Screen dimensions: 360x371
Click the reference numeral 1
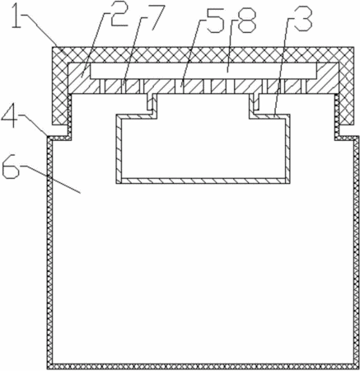[17, 16]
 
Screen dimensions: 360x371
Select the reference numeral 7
[156, 17]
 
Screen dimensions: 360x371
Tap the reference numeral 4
[11, 117]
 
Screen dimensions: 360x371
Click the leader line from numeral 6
[51, 179]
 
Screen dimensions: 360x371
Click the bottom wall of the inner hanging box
[203, 181]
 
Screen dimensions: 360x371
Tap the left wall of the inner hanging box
[119, 148]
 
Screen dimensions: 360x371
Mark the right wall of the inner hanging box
[288, 148]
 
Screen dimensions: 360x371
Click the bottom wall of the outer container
[203, 366]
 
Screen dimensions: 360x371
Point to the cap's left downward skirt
[60, 94]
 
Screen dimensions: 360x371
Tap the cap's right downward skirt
[346, 94]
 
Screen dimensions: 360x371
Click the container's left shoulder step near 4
[59, 138]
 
